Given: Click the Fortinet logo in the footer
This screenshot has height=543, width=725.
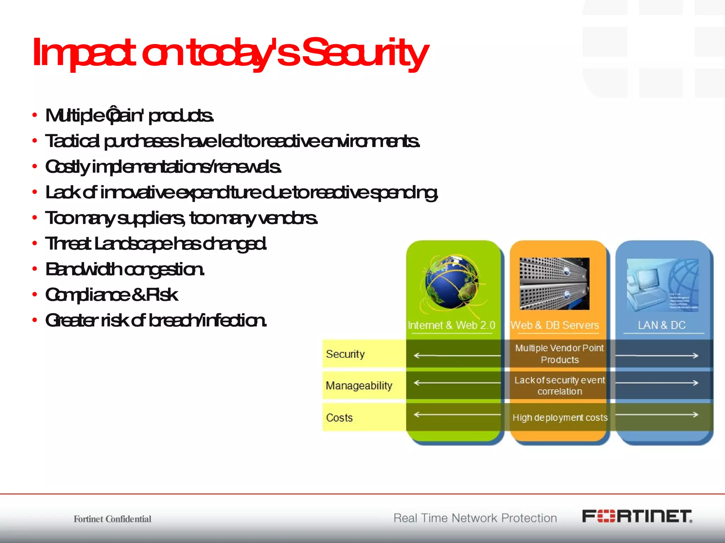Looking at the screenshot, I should coord(637,516).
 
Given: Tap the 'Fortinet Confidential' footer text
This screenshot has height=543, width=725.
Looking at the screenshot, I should coord(112,519).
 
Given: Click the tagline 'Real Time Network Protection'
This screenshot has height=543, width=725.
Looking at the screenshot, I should coord(475,518).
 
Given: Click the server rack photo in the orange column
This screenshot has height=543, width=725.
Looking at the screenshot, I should coord(554,284).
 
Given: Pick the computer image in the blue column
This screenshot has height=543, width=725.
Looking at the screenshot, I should coord(662,285).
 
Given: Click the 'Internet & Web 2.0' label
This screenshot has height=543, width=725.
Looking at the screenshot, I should coord(451,325).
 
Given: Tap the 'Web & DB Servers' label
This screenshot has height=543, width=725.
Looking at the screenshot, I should coord(555,325).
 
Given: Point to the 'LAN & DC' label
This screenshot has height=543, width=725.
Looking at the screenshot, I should coord(662,325).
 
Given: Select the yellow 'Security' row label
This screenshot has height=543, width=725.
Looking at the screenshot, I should coord(346,354).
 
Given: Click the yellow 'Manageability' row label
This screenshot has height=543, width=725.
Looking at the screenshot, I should coord(359,385).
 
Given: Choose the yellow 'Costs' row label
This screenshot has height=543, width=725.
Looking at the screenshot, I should coord(339,418).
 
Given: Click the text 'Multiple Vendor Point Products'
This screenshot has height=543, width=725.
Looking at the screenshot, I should coord(559,354).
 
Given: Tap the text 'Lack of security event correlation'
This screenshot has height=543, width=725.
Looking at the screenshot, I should coord(559,386).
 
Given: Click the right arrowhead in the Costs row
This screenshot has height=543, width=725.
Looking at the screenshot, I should coord(696,414).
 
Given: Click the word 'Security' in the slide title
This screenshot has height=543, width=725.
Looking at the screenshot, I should coord(365,53).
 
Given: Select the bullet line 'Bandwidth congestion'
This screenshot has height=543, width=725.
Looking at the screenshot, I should coord(125,269).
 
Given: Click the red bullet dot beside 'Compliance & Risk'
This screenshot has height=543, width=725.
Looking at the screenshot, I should coord(34,294).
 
